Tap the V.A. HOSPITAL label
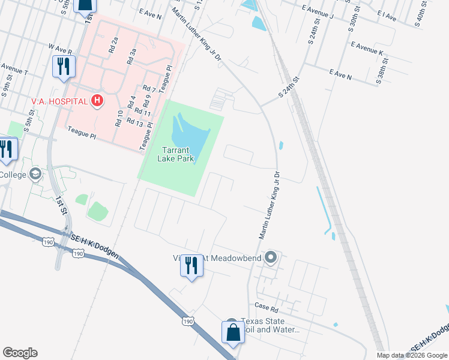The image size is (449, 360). (59, 101)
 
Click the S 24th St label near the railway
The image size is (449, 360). (288, 88)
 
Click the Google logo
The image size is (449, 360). (20, 353)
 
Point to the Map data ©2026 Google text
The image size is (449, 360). (412, 355)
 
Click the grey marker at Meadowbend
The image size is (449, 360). (271, 258)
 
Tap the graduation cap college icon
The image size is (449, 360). (35, 175)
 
